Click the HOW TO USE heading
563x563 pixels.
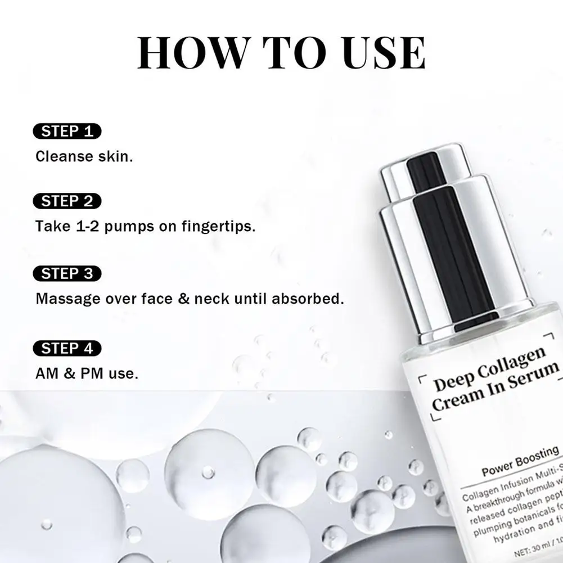[x=281, y=53]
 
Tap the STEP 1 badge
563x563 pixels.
[x=67, y=132]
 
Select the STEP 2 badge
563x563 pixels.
[x=67, y=201]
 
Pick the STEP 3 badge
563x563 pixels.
[x=67, y=274]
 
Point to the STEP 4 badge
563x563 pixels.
[x=67, y=348]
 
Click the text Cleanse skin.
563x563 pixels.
[x=84, y=156]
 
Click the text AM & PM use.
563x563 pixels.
[x=87, y=373]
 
